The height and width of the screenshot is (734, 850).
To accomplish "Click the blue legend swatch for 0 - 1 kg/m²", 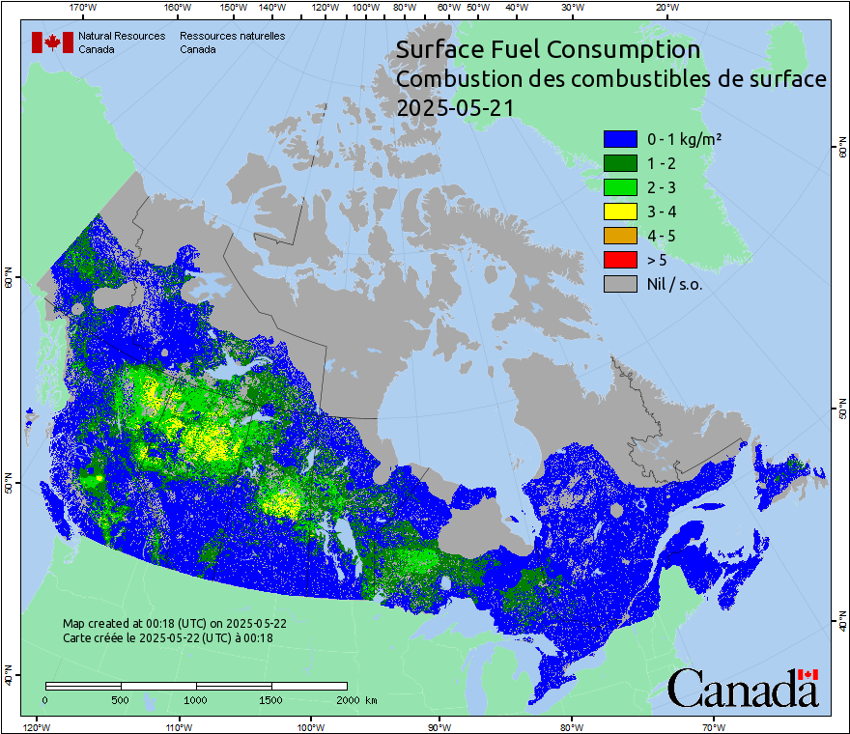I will pyautogui.click(x=620, y=139).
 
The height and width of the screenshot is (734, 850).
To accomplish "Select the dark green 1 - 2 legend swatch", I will pyautogui.click(x=620, y=163).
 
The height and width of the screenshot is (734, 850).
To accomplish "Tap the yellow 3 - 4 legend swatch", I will pyautogui.click(x=620, y=212).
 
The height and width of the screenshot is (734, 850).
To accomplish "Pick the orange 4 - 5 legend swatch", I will pyautogui.click(x=620, y=236).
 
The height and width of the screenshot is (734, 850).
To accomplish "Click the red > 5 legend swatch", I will pyautogui.click(x=620, y=260).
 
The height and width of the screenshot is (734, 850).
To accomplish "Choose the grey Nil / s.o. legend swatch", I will pyautogui.click(x=620, y=284).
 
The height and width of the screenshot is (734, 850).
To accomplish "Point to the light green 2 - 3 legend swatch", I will pyautogui.click(x=620, y=187).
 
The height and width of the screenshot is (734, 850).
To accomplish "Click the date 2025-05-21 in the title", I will pyautogui.click(x=454, y=108).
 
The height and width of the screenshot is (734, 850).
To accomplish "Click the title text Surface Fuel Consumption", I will pyautogui.click(x=549, y=49).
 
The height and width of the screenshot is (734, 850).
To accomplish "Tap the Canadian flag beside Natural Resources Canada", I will pyautogui.click(x=52, y=42).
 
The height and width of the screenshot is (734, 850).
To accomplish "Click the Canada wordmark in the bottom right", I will pyautogui.click(x=743, y=689).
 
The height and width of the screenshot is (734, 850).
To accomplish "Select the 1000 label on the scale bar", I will pyautogui.click(x=196, y=699).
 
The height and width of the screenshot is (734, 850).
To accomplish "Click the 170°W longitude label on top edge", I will pyautogui.click(x=84, y=8).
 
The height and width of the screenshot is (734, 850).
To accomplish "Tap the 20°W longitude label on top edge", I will pyautogui.click(x=666, y=8).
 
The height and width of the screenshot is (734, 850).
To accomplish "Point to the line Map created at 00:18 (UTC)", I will pyautogui.click(x=174, y=624).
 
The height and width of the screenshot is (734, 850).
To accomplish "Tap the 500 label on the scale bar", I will pyautogui.click(x=121, y=699).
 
